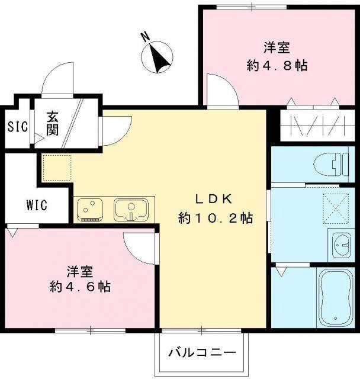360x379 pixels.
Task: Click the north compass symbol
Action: [x=158, y=57]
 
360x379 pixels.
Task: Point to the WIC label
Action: [x=37, y=205]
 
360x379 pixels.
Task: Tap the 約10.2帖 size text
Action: [x=216, y=219]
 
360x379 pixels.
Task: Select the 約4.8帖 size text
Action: [x=277, y=65]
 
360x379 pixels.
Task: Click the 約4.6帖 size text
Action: [x=81, y=287]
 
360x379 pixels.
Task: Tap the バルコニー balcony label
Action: [x=201, y=354]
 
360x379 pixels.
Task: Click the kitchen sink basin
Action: [x=131, y=209]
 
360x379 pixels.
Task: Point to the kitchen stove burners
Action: [x=91, y=209]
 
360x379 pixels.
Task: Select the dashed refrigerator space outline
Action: [x=56, y=167]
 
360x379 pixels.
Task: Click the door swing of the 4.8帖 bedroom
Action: [x=224, y=91]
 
